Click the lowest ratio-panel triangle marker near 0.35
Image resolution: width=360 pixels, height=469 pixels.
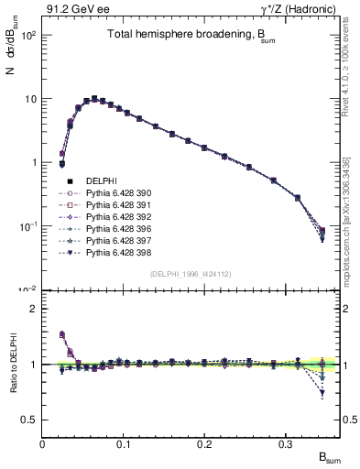pos(322,393)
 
